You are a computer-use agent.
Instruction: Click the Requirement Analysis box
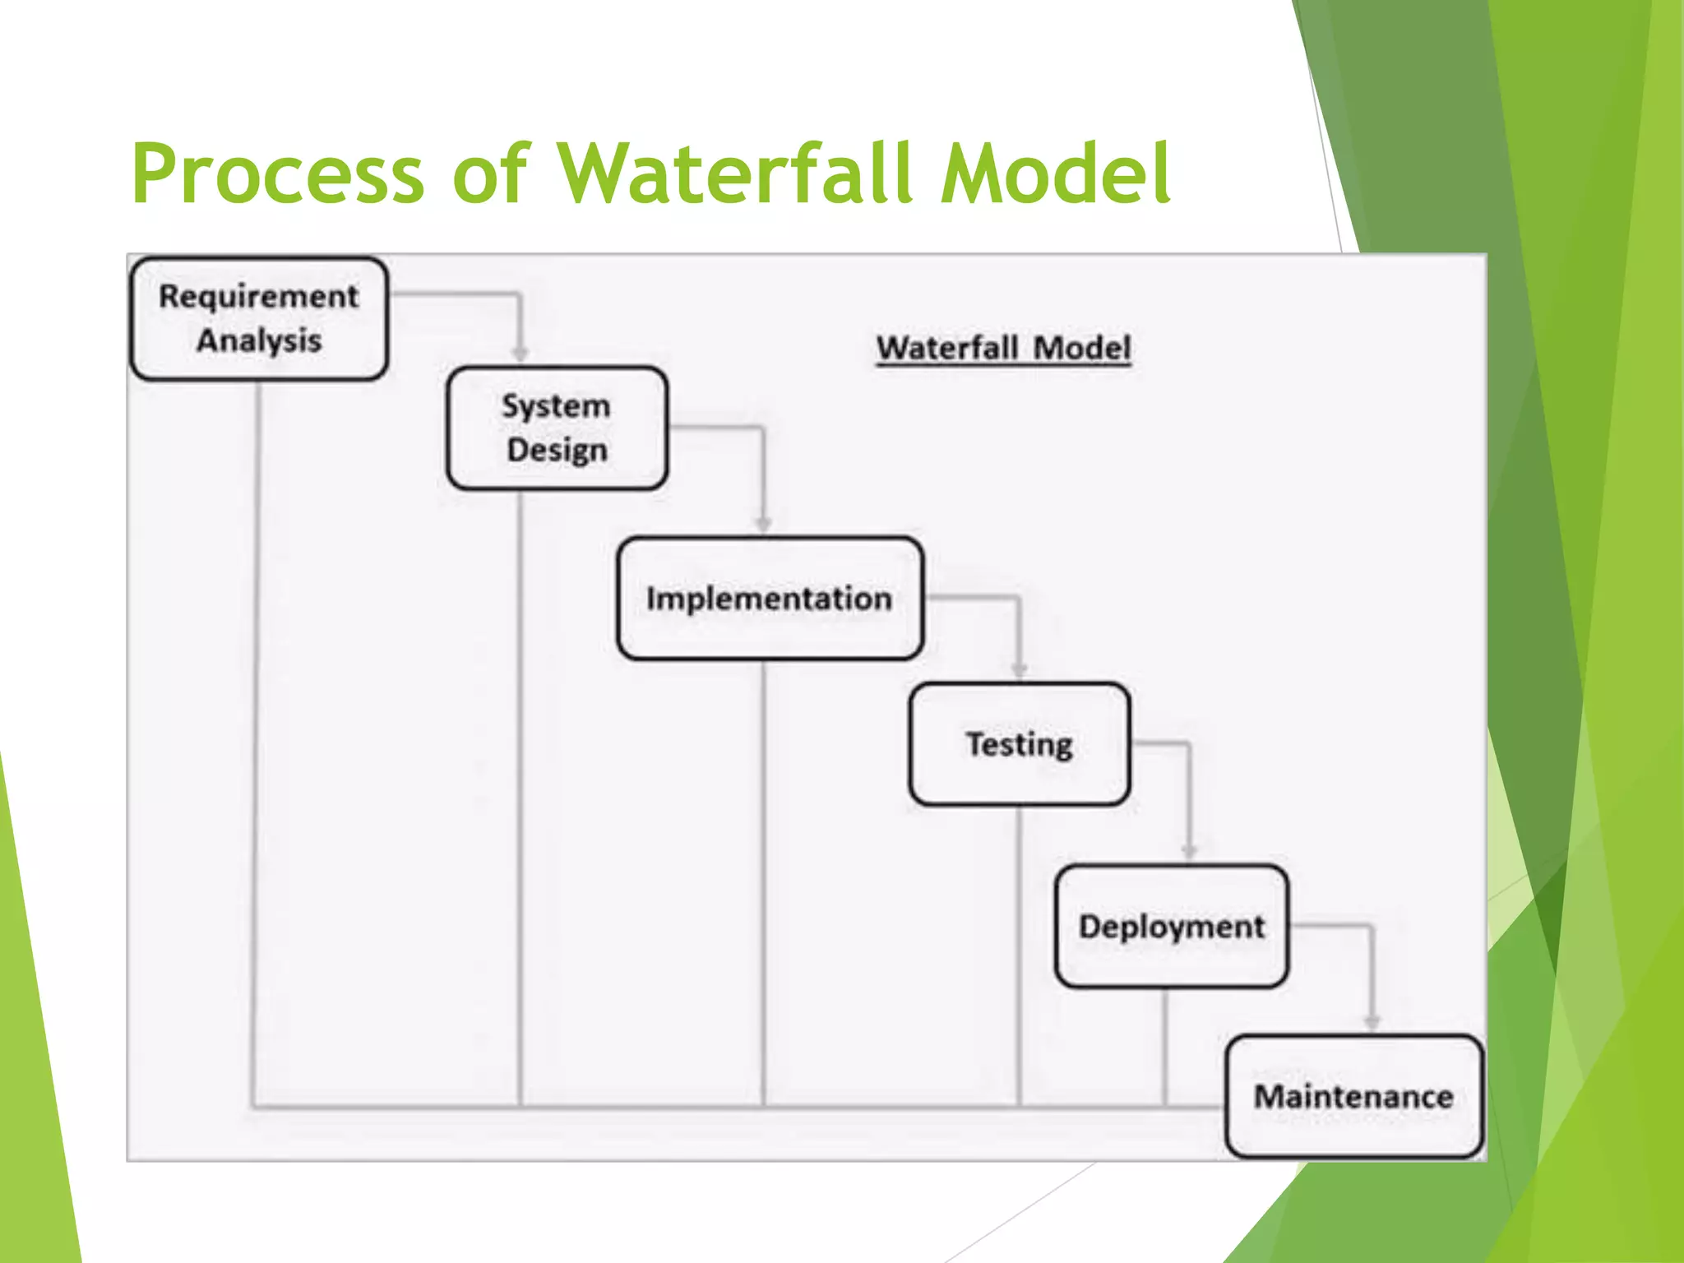[259, 319]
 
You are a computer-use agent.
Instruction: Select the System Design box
[557, 428]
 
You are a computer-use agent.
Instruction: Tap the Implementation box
[770, 599]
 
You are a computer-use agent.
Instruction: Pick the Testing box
[1020, 744]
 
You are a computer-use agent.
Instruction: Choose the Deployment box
[1171, 927]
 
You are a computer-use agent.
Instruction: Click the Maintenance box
[1353, 1097]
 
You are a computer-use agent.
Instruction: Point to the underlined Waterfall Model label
[1003, 348]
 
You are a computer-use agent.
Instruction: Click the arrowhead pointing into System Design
[520, 354]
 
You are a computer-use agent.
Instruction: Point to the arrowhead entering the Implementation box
[763, 525]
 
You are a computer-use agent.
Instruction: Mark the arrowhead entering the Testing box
[1020, 670]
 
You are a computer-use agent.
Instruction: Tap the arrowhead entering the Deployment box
[1189, 852]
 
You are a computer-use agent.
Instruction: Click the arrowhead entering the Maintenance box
[1372, 1022]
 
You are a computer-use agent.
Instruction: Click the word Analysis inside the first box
[259, 340]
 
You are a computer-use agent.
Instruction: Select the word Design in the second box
[557, 451]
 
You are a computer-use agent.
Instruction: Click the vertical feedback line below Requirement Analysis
[257, 740]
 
